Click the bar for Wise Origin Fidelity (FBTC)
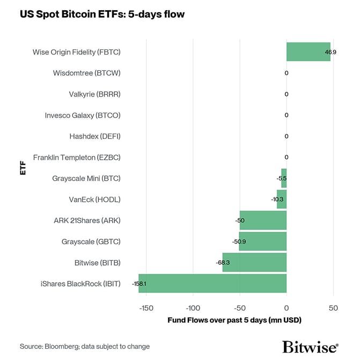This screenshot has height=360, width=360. [308, 52]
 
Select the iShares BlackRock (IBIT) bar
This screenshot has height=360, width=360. [212, 283]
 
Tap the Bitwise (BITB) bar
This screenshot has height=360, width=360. [254, 262]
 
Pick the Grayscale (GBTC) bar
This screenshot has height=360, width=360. [263, 241]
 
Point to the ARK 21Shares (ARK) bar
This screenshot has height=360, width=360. [263, 221]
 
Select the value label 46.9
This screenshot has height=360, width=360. [330, 52]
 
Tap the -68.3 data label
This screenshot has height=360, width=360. [223, 262]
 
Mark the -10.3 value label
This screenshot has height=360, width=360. [277, 200]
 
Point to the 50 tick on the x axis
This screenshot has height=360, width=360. [333, 308]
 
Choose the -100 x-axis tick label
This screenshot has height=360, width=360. [193, 308]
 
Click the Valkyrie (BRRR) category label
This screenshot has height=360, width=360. [94, 94]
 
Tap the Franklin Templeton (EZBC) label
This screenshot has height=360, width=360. [77, 157]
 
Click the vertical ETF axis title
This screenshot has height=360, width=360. [23, 167]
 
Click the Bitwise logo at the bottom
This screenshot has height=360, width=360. [310, 346]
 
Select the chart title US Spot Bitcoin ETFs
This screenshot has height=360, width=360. [102, 14]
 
